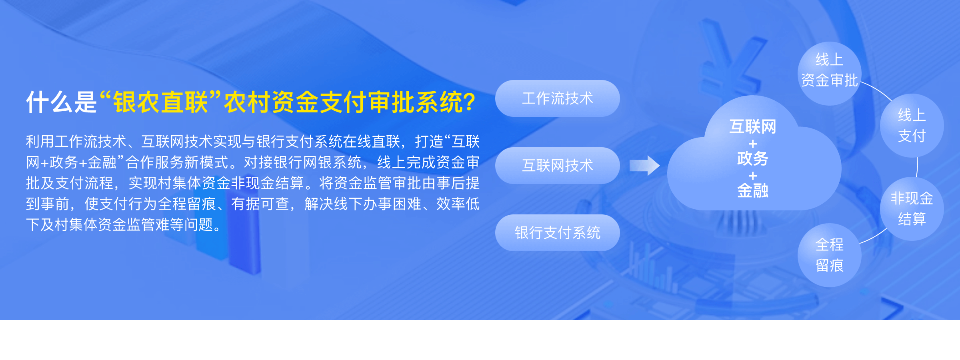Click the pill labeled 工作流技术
[x=558, y=98]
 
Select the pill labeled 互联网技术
[x=558, y=166]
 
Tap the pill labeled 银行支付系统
[x=558, y=233]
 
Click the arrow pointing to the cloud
[x=644, y=166]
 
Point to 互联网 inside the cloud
[x=752, y=127]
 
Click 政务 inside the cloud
[x=752, y=159]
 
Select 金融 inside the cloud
[x=752, y=191]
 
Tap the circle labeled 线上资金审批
[x=830, y=74]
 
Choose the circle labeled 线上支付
[x=912, y=126]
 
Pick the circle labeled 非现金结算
[x=912, y=209]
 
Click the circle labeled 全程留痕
[x=830, y=255]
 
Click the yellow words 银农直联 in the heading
[x=160, y=102]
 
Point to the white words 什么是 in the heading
[x=61, y=102]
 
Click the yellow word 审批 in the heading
[x=392, y=102]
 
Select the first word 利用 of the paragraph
[x=40, y=142]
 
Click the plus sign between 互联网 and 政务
[x=753, y=144]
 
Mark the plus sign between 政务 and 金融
[x=753, y=176]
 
